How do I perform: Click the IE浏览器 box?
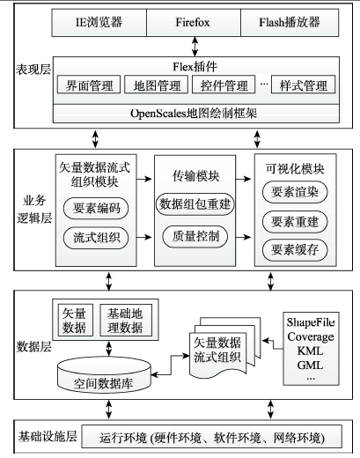[99, 23]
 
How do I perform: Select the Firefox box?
[194, 23]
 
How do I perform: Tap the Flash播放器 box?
[290, 23]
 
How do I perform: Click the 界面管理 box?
[89, 85]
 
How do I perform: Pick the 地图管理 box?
[156, 85]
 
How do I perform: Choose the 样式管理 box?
[303, 85]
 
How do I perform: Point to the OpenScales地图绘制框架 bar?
[196, 114]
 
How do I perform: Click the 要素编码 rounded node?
[96, 209]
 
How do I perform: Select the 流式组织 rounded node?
[96, 238]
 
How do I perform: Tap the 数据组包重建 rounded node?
[195, 204]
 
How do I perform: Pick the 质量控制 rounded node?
[195, 236]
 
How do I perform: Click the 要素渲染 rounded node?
[295, 192]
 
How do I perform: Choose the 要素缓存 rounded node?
[295, 250]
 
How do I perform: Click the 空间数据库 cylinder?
[105, 376]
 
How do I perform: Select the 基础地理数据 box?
[126, 320]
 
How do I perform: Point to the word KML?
[310, 351]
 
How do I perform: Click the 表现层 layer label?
[33, 70]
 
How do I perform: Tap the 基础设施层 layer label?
[48, 437]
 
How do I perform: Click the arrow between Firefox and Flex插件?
[195, 47]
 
